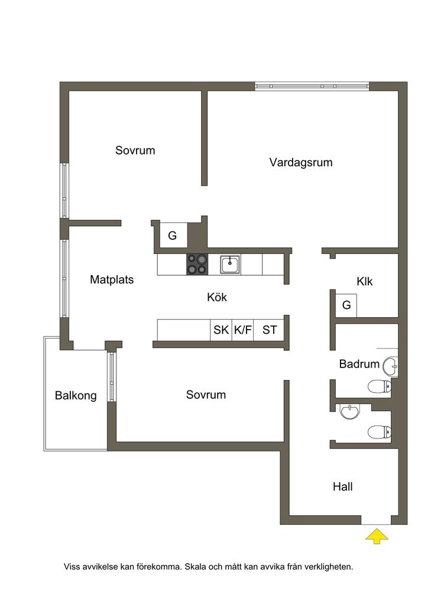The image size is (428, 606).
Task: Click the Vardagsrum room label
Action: [x=301, y=162]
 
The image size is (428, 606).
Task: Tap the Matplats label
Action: [x=112, y=279]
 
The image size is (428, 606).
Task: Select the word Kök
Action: [x=217, y=297]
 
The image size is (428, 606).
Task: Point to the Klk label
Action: [x=365, y=282]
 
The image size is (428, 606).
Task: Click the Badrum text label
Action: [x=359, y=364]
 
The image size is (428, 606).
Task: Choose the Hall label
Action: [x=343, y=486]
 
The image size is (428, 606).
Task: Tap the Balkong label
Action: [x=76, y=395]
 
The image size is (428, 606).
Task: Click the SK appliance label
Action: [x=221, y=330]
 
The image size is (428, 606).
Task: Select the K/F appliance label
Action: [x=242, y=330]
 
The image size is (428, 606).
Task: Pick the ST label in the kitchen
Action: [x=270, y=330]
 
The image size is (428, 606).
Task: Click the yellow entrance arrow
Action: [x=377, y=536]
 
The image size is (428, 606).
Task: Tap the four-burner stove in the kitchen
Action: [x=197, y=264]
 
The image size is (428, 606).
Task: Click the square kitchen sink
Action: [x=230, y=264]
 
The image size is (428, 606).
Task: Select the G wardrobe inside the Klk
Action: [x=346, y=305]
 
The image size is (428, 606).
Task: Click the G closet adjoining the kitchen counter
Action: [x=173, y=236]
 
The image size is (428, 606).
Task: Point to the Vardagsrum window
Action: [x=312, y=86]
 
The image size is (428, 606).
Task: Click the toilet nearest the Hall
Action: [x=379, y=431]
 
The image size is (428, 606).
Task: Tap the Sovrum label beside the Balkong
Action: [x=206, y=395]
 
